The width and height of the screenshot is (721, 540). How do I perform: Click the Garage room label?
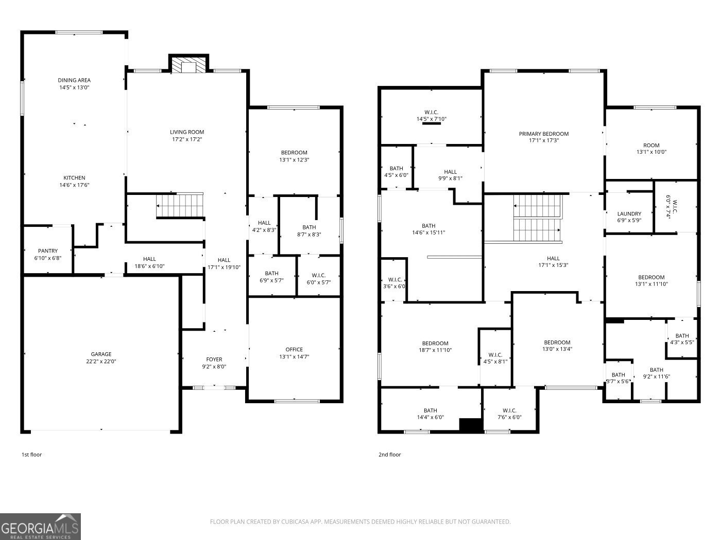(x=101, y=354)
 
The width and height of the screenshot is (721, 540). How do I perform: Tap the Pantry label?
(x=48, y=251)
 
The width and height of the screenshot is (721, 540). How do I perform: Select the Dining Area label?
(x=74, y=80)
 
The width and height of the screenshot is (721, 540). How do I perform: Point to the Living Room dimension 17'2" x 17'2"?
(x=187, y=139)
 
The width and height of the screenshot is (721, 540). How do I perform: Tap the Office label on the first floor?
(x=294, y=350)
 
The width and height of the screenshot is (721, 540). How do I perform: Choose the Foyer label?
(x=214, y=359)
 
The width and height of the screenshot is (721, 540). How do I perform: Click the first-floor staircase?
(x=180, y=206)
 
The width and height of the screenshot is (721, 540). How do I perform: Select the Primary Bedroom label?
(x=544, y=134)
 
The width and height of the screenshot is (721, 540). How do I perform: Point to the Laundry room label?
(x=629, y=214)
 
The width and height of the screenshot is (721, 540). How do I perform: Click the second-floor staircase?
(x=538, y=218)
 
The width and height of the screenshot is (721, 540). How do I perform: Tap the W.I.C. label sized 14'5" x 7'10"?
(x=431, y=113)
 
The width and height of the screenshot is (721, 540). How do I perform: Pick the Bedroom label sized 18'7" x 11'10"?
(x=435, y=343)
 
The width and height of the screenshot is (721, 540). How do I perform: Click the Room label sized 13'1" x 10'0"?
(x=651, y=145)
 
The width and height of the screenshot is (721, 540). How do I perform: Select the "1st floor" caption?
(x=31, y=455)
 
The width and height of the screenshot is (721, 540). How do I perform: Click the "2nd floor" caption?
(x=389, y=455)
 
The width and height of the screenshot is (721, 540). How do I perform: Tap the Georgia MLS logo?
(x=40, y=526)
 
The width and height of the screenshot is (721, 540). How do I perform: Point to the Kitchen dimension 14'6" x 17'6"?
(x=74, y=185)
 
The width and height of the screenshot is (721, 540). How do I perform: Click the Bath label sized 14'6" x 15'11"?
(x=428, y=226)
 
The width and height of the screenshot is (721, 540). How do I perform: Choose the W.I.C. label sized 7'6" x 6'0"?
(x=509, y=410)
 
